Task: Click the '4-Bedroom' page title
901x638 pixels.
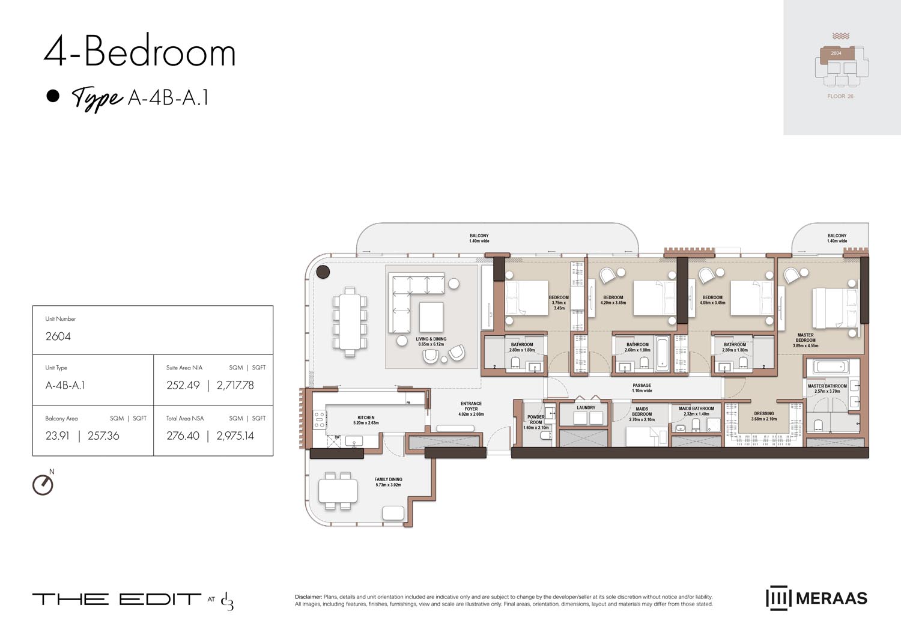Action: tap(139, 52)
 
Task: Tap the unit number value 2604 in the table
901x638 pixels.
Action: tap(58, 336)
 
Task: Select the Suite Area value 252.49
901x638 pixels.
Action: tap(183, 386)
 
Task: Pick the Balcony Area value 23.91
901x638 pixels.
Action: tap(57, 436)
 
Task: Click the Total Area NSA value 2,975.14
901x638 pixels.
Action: tap(235, 436)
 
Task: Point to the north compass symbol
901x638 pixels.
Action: tap(43, 484)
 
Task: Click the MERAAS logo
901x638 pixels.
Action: tap(816, 598)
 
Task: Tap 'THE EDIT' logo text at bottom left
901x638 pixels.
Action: tap(117, 599)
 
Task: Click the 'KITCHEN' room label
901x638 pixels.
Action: tap(366, 418)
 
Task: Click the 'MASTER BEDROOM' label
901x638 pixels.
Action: tap(805, 338)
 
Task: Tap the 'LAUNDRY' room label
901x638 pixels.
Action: tap(586, 408)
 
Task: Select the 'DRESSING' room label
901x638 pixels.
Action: tap(764, 414)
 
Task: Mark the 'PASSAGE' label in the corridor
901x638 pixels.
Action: tap(642, 386)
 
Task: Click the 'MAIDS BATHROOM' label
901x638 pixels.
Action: tap(696, 409)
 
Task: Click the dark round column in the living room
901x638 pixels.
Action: tap(323, 272)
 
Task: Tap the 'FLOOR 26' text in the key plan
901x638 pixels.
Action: tap(840, 96)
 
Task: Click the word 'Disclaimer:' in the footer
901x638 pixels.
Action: tap(308, 597)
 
